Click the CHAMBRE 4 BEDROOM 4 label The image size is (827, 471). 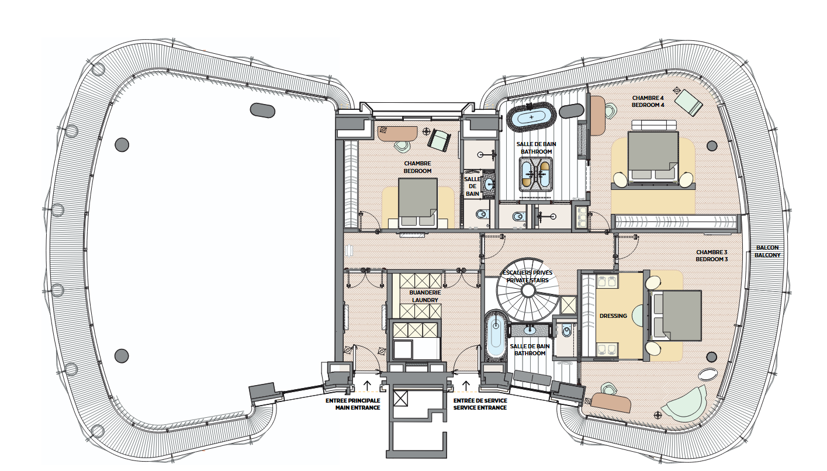tap(648, 101)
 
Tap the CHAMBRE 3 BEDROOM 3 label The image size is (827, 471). tap(711, 255)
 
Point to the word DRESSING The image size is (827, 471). tap(613, 316)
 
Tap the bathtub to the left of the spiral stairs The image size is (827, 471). tap(496, 337)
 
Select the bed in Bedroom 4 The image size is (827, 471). tap(653, 156)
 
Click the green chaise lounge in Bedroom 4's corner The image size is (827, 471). tap(688, 102)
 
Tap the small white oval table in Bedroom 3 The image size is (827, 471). tap(710, 375)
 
